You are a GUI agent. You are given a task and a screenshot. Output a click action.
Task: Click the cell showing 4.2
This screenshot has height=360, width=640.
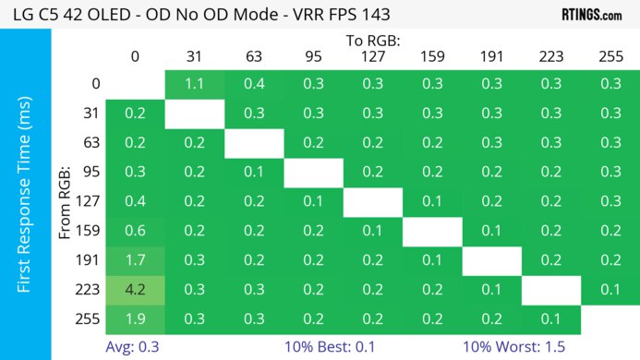(135, 290)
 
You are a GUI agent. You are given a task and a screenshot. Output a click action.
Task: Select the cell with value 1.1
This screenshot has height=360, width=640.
(194, 83)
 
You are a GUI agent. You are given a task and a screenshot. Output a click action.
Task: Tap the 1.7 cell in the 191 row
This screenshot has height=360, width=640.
(135, 260)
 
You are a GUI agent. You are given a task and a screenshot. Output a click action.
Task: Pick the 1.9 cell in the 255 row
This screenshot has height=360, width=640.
(135, 319)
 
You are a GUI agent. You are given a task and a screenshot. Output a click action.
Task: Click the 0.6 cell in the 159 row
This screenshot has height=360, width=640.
(135, 231)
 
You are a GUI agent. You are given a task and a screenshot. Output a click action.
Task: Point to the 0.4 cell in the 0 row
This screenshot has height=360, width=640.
(254, 83)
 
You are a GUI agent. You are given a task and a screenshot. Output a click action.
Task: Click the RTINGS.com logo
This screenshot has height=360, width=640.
(592, 14)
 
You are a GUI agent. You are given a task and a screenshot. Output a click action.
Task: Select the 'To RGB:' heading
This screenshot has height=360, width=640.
(372, 41)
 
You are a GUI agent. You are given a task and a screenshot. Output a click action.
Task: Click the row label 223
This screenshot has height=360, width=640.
(90, 290)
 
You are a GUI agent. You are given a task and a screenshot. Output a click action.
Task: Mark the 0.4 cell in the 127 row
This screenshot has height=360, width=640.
(135, 201)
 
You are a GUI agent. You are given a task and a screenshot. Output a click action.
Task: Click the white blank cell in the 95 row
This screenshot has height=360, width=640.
(313, 172)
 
